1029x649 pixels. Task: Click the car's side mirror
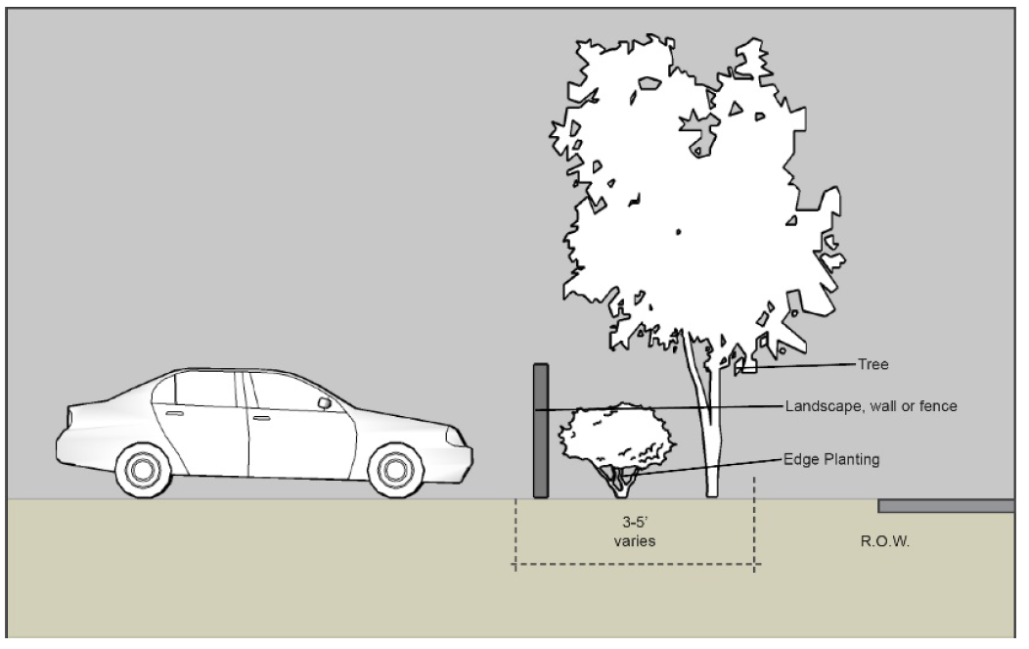pyautogui.click(x=324, y=402)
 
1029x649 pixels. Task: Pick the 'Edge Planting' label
pyautogui.click(x=829, y=458)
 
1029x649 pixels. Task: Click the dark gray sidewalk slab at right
pyautogui.click(x=945, y=506)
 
